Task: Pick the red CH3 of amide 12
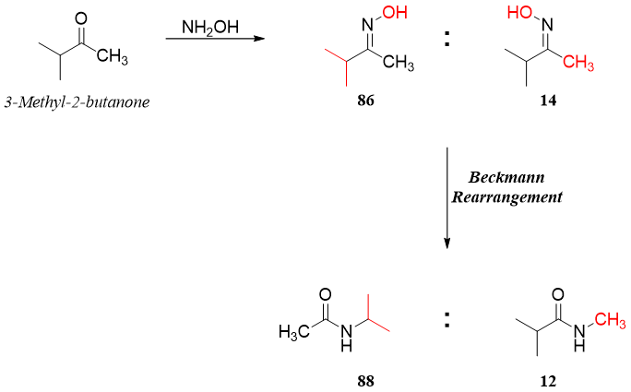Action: pyautogui.click(x=611, y=318)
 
